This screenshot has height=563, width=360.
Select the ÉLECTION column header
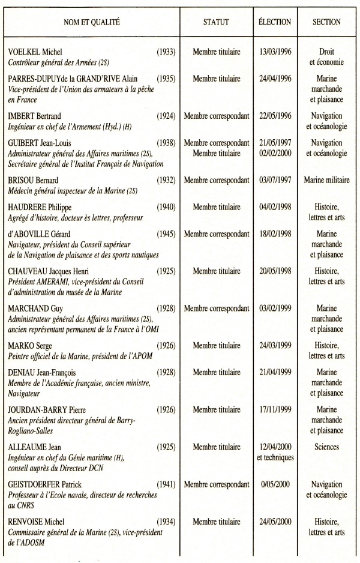tap(275, 22)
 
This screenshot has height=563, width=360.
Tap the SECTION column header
tap(326, 22)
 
